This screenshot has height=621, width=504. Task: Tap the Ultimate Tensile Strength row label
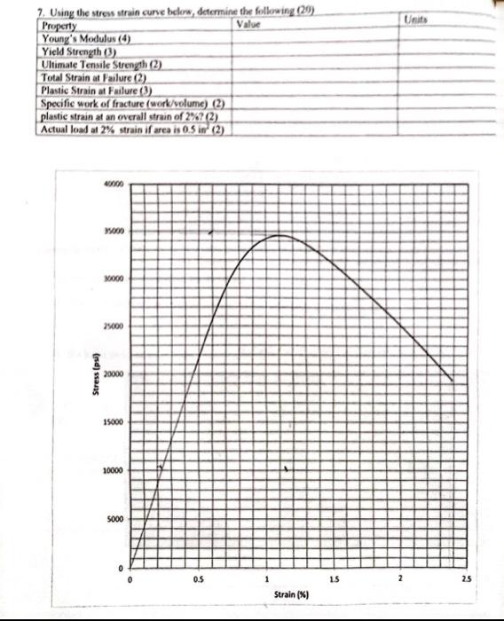click(101, 64)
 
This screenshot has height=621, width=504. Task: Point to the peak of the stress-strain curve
click(280, 235)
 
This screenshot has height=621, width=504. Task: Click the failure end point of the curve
click(453, 381)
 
